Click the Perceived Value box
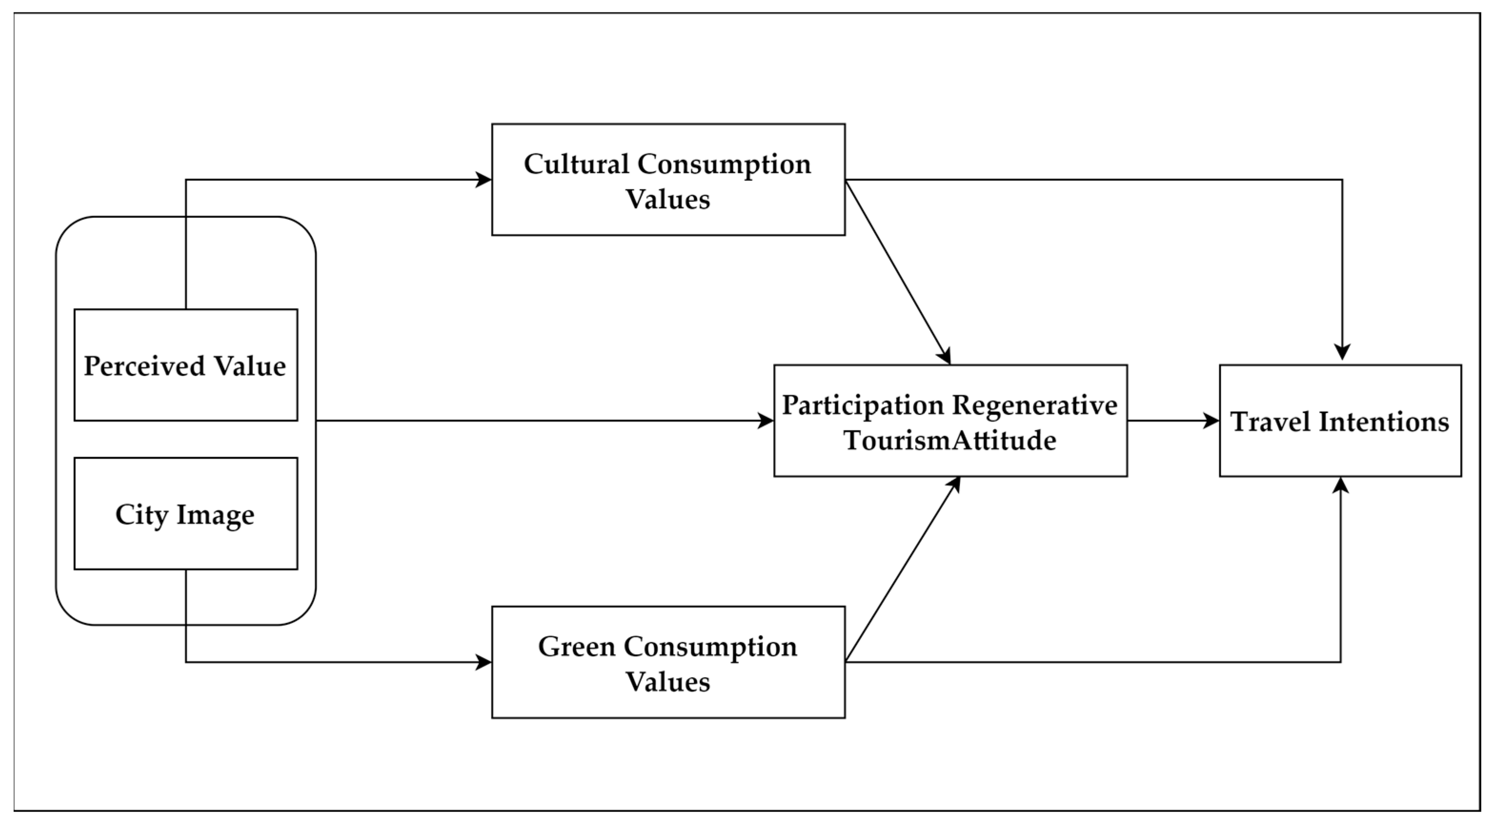185,365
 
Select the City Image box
185,513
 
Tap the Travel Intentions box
1340,421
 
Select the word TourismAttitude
950,440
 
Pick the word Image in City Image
215,514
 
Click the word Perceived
144,365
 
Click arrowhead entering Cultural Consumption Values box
484,180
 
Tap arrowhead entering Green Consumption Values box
484,662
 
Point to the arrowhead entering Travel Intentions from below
1340,486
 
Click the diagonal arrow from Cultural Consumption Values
898,272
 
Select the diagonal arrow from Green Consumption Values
901,570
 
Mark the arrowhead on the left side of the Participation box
766,421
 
